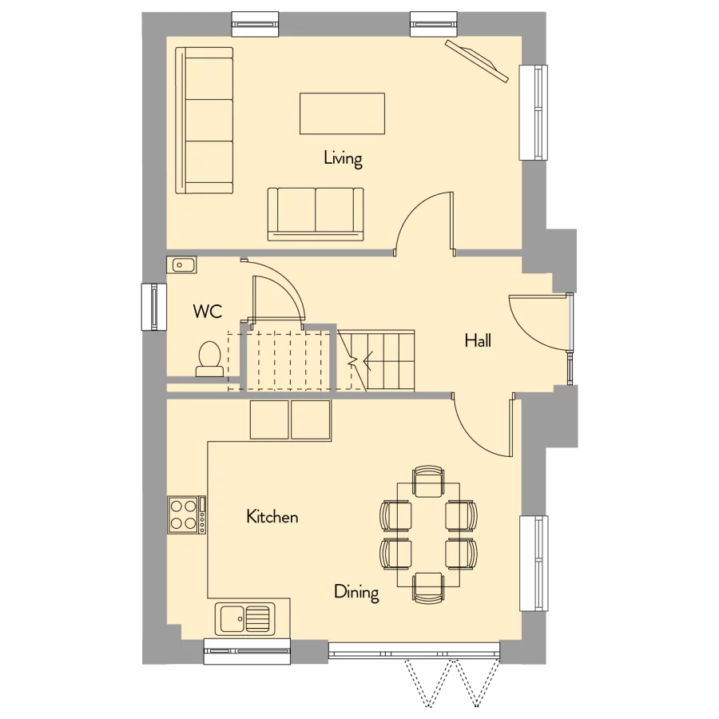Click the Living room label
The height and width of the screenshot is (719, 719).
coord(343,158)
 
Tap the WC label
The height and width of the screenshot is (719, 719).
coord(207,311)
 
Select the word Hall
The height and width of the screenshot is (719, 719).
coord(478,341)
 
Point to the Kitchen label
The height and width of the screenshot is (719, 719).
coord(272,517)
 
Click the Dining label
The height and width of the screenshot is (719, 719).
coord(356,592)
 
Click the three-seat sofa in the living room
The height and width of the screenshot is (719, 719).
coord(205,120)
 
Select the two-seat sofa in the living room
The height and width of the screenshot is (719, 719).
coord(316,213)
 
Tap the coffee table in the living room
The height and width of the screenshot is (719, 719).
coord(342,113)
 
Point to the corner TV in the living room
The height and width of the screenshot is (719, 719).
coord(478,61)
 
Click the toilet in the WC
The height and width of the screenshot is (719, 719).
coord(209,359)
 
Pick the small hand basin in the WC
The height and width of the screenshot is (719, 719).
coord(181,264)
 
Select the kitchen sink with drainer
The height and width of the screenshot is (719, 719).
coord(244,617)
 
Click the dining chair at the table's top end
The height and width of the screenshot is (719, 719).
coord(427,481)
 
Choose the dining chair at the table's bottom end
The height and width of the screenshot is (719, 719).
coord(427,587)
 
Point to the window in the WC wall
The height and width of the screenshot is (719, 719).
coord(152,306)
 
